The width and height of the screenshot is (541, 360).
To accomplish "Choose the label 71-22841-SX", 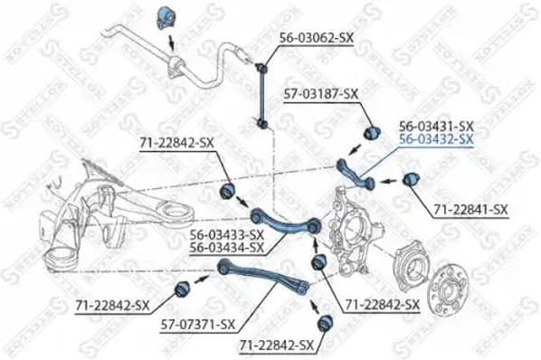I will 470,210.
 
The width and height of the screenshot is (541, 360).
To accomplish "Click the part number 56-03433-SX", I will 227,233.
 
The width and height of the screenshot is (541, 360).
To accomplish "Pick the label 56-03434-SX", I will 227,246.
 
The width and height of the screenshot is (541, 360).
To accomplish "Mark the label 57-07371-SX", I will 200,324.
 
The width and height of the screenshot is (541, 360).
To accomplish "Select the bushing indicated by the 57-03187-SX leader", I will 371,133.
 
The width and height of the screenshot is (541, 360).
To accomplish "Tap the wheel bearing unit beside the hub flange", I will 412,267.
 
